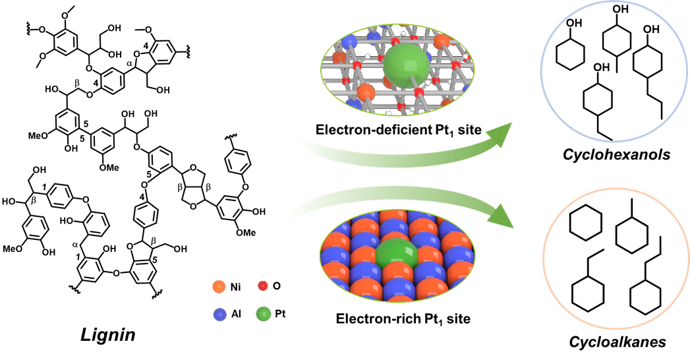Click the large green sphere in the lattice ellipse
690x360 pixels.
pos(405,65)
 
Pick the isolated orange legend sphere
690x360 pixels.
pos(219,286)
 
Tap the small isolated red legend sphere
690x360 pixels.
pos(262,285)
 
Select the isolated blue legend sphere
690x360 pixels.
pos(219,315)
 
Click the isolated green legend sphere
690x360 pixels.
pos(263,314)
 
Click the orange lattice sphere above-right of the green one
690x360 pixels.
pos(442,42)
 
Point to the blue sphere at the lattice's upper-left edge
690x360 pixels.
pos(349,42)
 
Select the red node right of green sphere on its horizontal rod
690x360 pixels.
pos(455,65)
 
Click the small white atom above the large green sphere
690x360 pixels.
pos(403,34)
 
